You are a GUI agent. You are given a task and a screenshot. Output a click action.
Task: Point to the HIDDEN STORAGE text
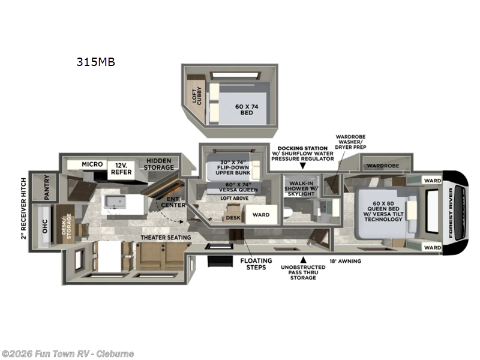coord(158,164)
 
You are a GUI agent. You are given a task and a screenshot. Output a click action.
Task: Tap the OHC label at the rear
coord(44,225)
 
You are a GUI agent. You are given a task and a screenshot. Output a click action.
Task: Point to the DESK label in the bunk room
coord(233,218)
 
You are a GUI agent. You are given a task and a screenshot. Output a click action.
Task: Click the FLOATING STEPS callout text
coord(256,264)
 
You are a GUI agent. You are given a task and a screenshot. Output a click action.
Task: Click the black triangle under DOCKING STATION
coord(302,165)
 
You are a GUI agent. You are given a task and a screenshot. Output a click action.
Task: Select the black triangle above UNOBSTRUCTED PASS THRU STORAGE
coord(303,260)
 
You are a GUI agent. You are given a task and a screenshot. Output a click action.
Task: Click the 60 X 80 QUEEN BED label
coord(386,212)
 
